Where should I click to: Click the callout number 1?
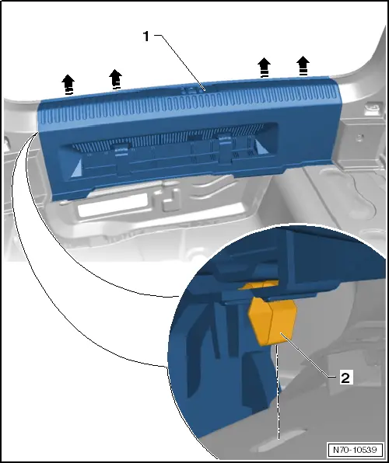pyautogui.click(x=146, y=37)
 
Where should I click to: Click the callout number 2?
pyautogui.click(x=345, y=378)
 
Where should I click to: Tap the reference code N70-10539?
pyautogui.click(x=355, y=450)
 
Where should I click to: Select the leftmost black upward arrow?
pyautogui.click(x=68, y=85)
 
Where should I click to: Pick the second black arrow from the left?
pyautogui.click(x=115, y=78)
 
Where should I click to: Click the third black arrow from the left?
pyautogui.click(x=264, y=68)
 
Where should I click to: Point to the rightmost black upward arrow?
pyautogui.click(x=303, y=65)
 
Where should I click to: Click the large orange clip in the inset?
pyautogui.click(x=273, y=320)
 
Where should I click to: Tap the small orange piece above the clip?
pyautogui.click(x=259, y=285)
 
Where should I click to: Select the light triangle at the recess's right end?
pyautogui.click(x=261, y=147)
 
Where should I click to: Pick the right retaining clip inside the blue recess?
pyautogui.click(x=225, y=148)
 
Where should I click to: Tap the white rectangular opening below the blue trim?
pyautogui.click(x=112, y=205)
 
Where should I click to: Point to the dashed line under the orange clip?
pyautogui.click(x=278, y=392)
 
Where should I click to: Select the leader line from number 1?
pyautogui.click(x=180, y=63)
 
